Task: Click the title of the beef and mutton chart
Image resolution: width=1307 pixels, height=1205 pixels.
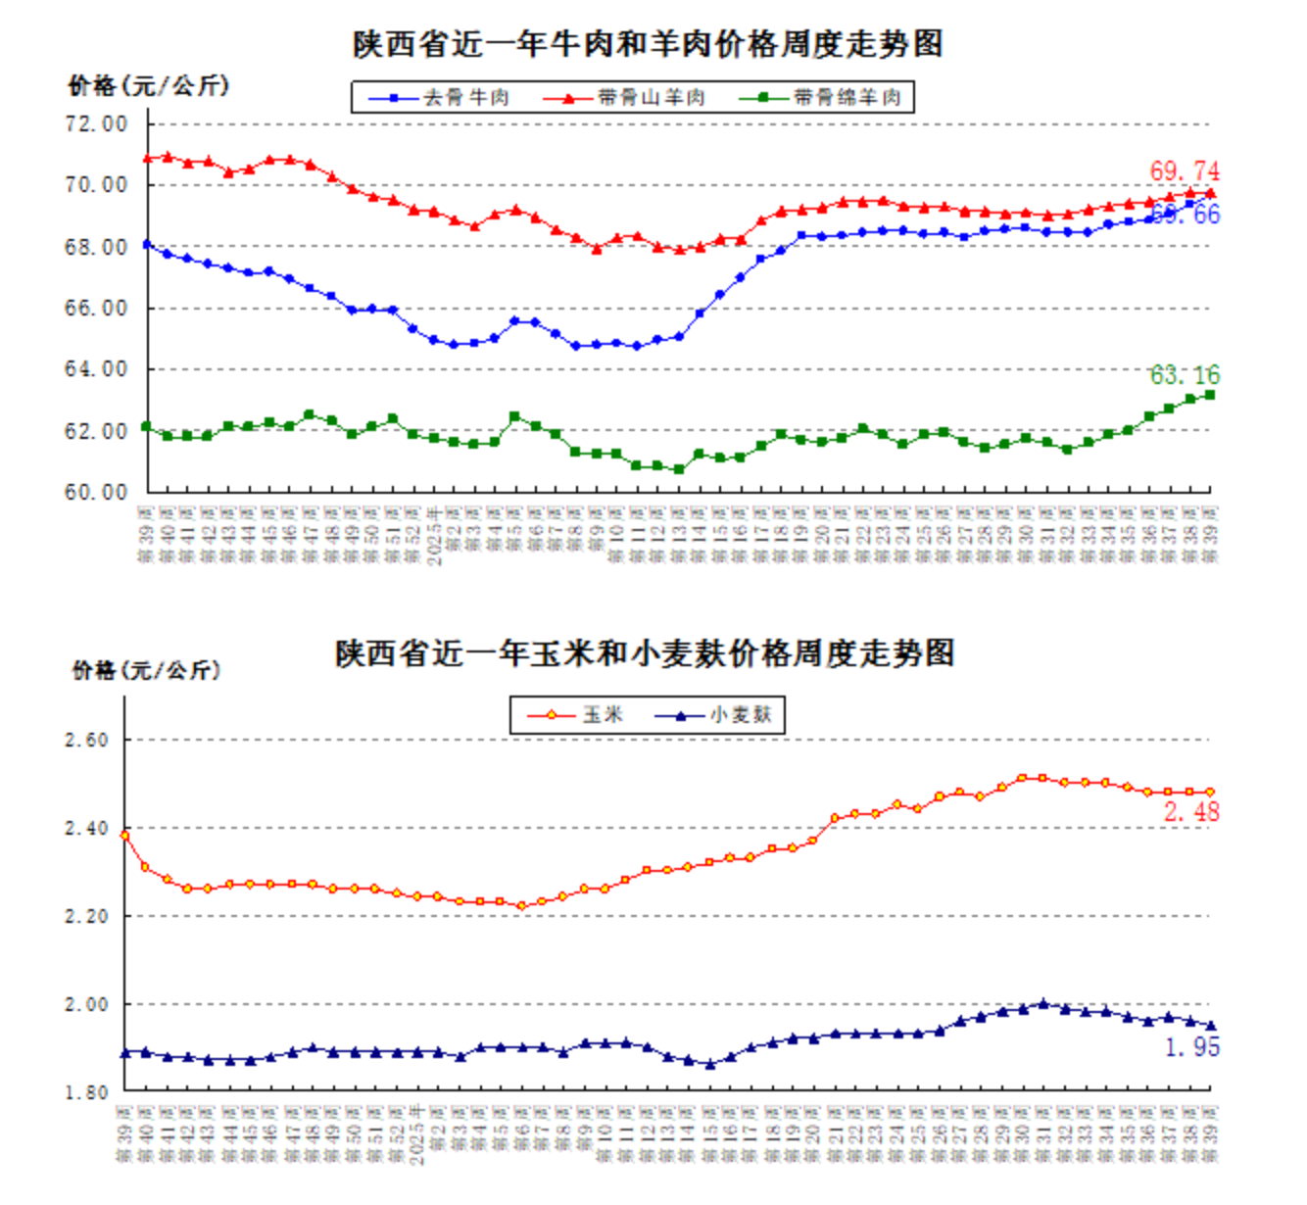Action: [648, 44]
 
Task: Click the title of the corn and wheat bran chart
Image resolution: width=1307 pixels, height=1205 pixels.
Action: [645, 653]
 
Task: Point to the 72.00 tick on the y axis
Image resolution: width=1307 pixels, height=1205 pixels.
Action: [96, 124]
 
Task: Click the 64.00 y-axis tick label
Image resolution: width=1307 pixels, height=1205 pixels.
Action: [96, 369]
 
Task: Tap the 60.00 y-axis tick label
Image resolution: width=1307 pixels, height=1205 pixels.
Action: [96, 493]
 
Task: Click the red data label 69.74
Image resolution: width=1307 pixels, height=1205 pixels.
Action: [1185, 171]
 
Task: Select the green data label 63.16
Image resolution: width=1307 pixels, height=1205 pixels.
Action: [1185, 375]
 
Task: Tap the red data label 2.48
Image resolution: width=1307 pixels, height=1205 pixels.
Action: [1191, 812]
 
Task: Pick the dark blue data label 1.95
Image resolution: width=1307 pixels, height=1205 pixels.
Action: [1191, 1047]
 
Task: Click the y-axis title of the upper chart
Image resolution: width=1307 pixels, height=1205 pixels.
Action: [148, 86]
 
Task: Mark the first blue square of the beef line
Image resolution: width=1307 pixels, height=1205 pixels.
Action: [147, 244]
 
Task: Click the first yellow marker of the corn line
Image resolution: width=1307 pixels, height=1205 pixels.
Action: [125, 836]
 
